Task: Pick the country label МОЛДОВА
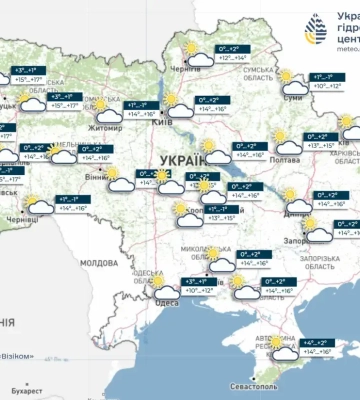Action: coord(99,262)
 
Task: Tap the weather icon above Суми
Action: coord(291,81)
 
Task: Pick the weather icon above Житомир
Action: coord(104,108)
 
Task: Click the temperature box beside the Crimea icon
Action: coord(318,347)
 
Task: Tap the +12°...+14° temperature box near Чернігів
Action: coord(226,54)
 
